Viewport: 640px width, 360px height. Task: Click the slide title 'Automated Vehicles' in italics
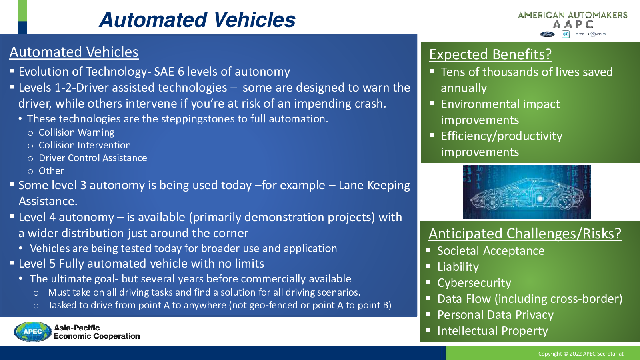(x=198, y=20)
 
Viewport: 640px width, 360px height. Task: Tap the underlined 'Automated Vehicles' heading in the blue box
(x=74, y=52)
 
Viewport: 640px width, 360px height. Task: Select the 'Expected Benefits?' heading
(x=490, y=54)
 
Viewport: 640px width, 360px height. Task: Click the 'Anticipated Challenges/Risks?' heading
(x=525, y=234)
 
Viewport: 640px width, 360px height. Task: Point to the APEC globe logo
(x=32, y=332)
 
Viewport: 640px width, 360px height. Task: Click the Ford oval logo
(x=547, y=34)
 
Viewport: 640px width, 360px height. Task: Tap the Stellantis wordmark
(x=590, y=34)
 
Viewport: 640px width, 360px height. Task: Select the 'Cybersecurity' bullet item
(x=474, y=283)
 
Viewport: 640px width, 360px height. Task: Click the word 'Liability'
(x=458, y=267)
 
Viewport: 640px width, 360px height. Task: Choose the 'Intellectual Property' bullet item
(x=492, y=331)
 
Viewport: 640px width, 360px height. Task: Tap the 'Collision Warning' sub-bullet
(x=76, y=132)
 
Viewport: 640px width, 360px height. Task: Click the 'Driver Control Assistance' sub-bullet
(x=93, y=158)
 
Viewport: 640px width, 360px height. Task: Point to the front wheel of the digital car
(x=492, y=202)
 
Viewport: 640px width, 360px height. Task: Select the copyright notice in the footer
(x=581, y=354)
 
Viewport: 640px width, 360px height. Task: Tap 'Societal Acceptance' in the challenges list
(x=491, y=251)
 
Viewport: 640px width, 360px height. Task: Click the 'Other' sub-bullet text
(x=51, y=171)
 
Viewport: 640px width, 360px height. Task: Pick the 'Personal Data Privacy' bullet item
(x=496, y=315)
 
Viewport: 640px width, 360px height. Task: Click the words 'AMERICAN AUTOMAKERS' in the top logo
(x=572, y=15)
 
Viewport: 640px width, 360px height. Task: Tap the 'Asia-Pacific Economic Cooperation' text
(x=96, y=332)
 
